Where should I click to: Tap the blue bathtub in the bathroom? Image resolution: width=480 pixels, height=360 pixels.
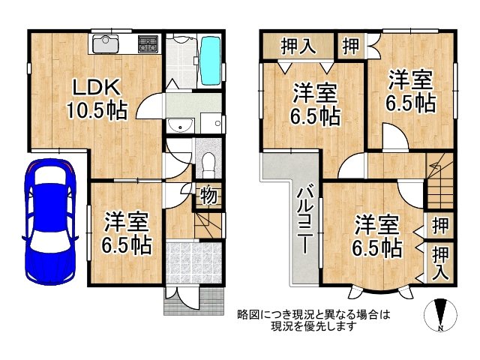[211, 59]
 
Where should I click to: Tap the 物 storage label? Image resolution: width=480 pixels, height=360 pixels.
[209, 196]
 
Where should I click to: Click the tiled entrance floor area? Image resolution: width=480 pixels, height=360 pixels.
[193, 262]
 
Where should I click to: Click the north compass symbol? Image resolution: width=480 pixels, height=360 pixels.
[440, 315]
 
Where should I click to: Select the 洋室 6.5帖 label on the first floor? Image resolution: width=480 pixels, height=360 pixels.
[127, 233]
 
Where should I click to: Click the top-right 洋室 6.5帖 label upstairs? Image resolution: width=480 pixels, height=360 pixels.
[410, 90]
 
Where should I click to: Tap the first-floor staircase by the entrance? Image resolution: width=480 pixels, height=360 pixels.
[209, 223]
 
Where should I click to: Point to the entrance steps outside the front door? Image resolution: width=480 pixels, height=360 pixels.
[193, 301]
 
